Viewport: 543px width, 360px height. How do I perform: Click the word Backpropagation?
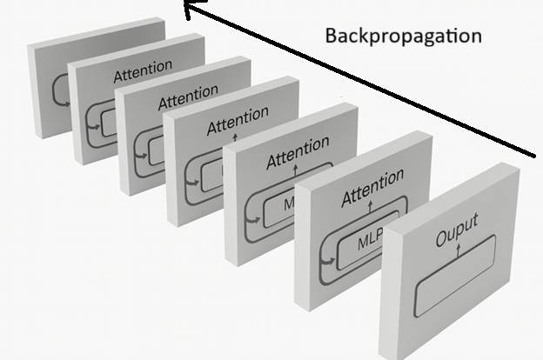(402, 37)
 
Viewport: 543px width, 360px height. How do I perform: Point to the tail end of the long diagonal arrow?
(533, 157)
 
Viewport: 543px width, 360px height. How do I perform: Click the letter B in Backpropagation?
(331, 37)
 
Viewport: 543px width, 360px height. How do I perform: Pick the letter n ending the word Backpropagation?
(476, 37)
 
